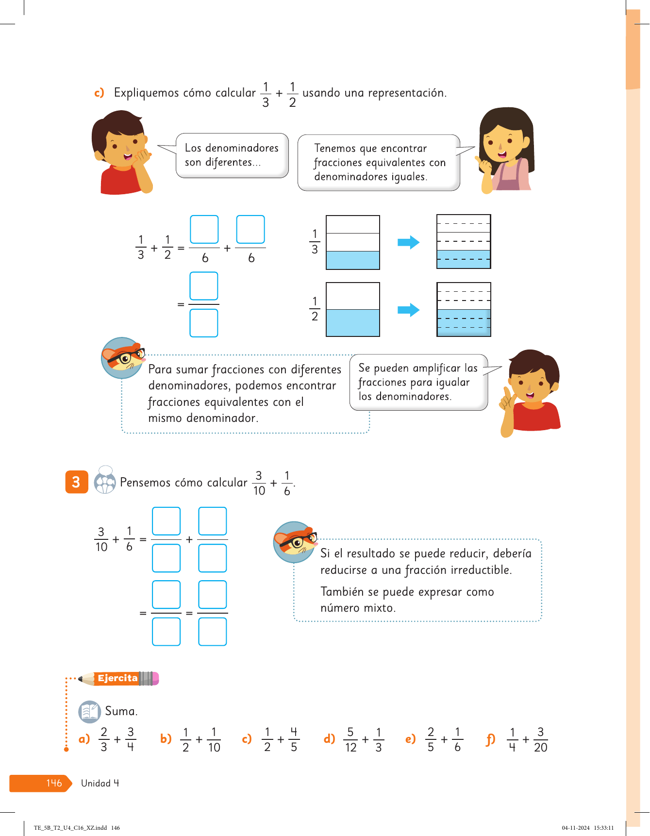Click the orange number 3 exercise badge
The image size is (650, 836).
tap(77, 482)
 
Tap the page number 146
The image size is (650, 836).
tap(54, 783)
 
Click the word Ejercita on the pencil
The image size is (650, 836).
tap(117, 678)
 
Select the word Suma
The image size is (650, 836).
tap(121, 711)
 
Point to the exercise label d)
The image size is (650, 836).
tap(330, 739)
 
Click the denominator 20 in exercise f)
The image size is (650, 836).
tap(540, 748)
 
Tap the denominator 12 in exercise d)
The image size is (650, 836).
tap(350, 748)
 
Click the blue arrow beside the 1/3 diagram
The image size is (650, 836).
tap(408, 242)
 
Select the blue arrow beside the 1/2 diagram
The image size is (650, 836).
tap(408, 310)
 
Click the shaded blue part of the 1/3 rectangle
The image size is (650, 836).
tap(353, 260)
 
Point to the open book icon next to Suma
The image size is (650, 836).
tap(89, 712)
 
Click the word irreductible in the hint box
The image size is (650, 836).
tap(481, 570)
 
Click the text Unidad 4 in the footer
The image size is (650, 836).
tap(100, 783)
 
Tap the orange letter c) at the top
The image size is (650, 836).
tap(99, 93)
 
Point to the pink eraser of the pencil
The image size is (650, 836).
tap(156, 678)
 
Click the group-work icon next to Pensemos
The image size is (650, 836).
tap(105, 481)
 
